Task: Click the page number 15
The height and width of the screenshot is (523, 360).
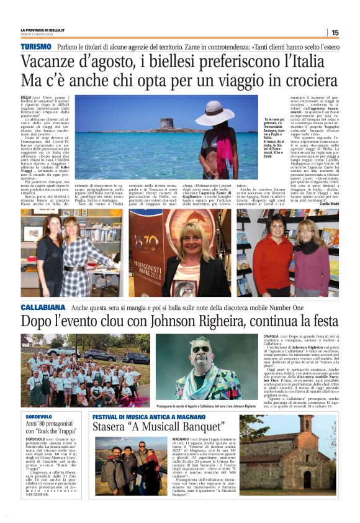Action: (x=335, y=32)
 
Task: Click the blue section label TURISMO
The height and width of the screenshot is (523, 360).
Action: (x=35, y=47)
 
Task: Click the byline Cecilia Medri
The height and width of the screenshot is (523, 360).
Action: (x=328, y=203)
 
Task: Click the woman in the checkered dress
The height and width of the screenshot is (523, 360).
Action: (x=76, y=254)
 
